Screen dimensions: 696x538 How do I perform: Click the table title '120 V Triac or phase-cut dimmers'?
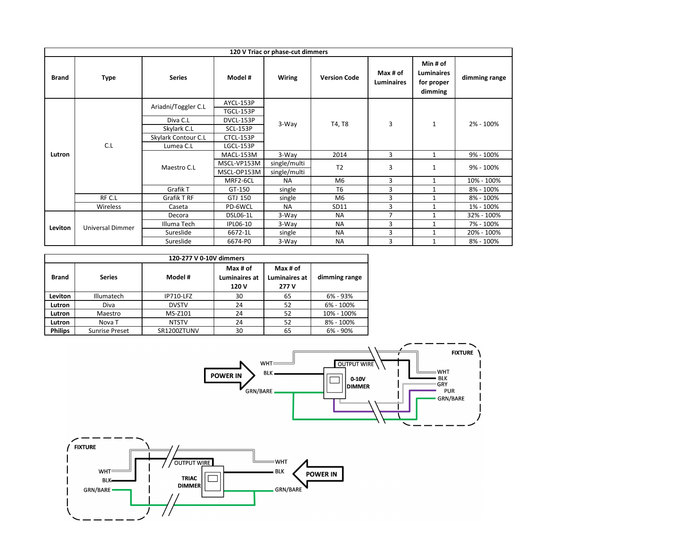click(x=278, y=52)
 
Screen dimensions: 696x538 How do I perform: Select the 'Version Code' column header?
click(x=339, y=78)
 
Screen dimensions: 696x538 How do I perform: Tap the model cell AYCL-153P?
click(x=239, y=103)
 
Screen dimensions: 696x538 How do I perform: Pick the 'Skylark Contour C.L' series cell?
click(x=178, y=138)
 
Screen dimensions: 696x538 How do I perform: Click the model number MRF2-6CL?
click(x=239, y=181)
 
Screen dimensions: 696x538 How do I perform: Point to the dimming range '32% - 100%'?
click(x=484, y=215)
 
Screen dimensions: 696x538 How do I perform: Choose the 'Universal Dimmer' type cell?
click(x=109, y=228)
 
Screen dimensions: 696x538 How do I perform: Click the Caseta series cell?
click(x=178, y=207)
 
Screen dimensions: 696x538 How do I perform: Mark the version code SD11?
click(x=339, y=207)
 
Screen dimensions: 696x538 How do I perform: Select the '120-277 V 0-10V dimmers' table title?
click(x=206, y=258)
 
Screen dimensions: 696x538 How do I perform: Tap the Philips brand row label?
click(x=60, y=331)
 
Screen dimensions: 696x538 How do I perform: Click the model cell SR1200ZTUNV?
click(x=178, y=331)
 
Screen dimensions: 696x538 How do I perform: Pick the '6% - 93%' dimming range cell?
click(x=339, y=296)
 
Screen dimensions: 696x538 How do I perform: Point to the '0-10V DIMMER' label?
click(x=358, y=383)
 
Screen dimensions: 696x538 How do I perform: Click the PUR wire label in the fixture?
click(x=449, y=391)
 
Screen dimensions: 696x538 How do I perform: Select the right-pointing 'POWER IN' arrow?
click(x=229, y=376)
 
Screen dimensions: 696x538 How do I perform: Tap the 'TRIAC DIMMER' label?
click(x=189, y=482)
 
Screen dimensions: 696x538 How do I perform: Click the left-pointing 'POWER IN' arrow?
click(x=318, y=474)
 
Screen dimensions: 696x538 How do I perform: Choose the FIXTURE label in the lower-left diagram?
click(x=85, y=447)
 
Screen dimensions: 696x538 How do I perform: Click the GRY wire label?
click(x=442, y=384)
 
